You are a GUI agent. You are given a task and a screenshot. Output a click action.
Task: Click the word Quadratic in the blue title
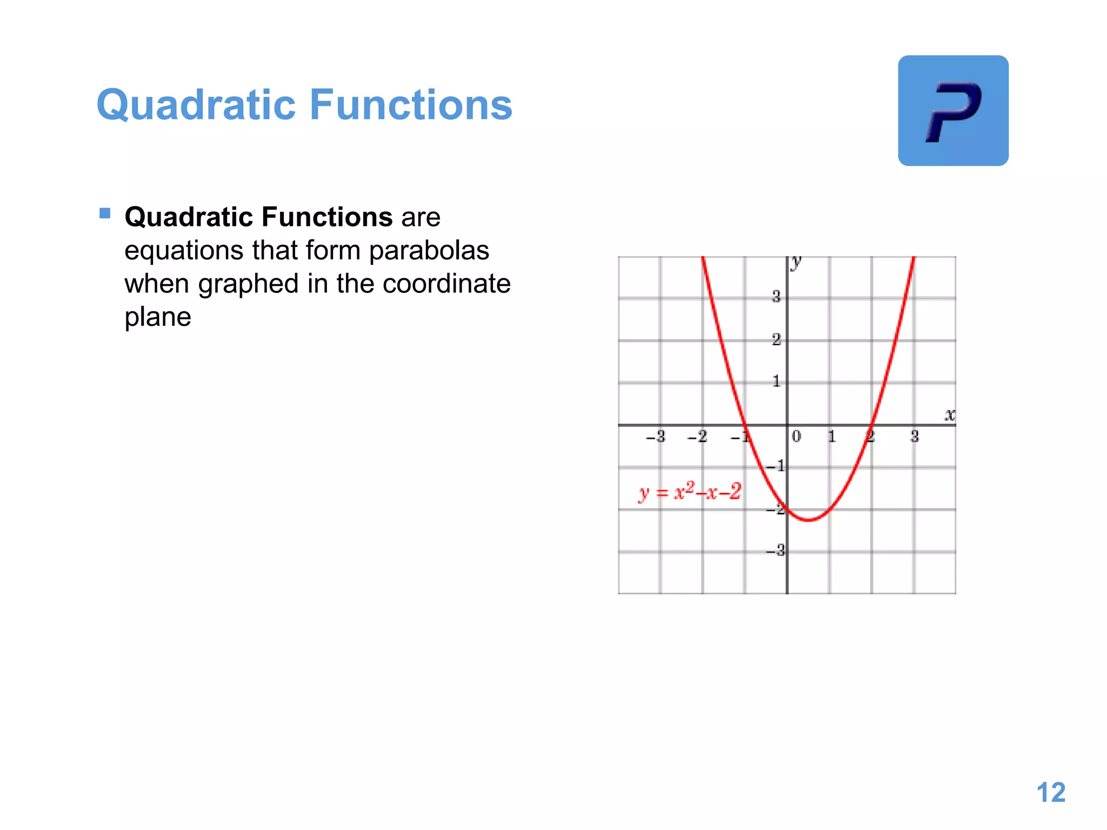pyautogui.click(x=196, y=105)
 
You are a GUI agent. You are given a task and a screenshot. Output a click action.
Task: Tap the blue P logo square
pyautogui.click(x=953, y=111)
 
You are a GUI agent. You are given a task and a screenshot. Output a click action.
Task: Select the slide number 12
pyautogui.click(x=1051, y=793)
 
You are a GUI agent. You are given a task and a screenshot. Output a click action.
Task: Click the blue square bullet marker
pyautogui.click(x=105, y=213)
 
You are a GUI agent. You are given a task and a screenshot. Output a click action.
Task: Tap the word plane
pyautogui.click(x=157, y=317)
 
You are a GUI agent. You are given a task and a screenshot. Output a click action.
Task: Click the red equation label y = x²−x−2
pyautogui.click(x=690, y=491)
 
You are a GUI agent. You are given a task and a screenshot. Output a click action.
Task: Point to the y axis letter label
pyautogui.click(x=796, y=262)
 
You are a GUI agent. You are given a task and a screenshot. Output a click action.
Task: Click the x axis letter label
pyautogui.click(x=950, y=414)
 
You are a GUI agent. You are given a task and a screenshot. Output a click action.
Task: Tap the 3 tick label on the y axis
pyautogui.click(x=776, y=296)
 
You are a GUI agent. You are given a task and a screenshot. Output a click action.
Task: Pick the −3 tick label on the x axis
pyautogui.click(x=656, y=436)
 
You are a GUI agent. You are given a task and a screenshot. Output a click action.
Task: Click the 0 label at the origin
pyautogui.click(x=796, y=436)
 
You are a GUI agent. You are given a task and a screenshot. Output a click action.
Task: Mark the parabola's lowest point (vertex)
pyautogui.click(x=808, y=520)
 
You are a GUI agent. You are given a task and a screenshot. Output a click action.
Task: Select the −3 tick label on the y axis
pyautogui.click(x=776, y=551)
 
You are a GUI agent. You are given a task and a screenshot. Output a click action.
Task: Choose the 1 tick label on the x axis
pyautogui.click(x=831, y=436)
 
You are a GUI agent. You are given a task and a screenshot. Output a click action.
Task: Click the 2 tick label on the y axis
pyautogui.click(x=776, y=339)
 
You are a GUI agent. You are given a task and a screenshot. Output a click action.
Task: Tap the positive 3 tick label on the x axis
pyautogui.click(x=914, y=436)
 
